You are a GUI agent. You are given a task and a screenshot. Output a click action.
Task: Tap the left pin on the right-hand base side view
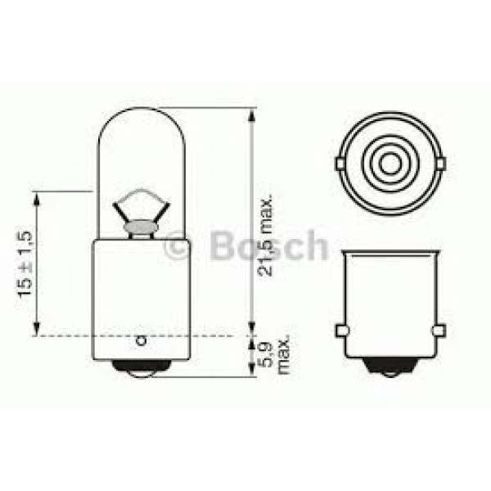click(343, 331)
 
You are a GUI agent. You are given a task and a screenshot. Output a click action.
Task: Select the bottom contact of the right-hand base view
click(391, 372)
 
